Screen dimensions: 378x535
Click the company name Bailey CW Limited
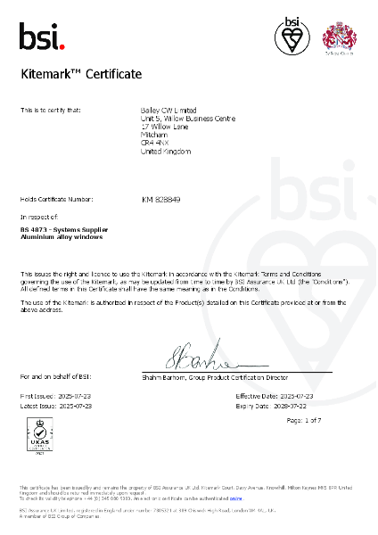pyautogui.click(x=171, y=110)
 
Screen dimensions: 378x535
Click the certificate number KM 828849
pyautogui.click(x=161, y=200)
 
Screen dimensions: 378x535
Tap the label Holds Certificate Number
pyautogui.click(x=56, y=199)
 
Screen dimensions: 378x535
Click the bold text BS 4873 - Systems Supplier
pyautogui.click(x=64, y=230)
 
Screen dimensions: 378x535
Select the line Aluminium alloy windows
pyautogui.click(x=59, y=238)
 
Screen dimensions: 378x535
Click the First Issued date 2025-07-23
pyautogui.click(x=74, y=395)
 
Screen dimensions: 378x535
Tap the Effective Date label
pyautogui.click(x=254, y=395)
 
